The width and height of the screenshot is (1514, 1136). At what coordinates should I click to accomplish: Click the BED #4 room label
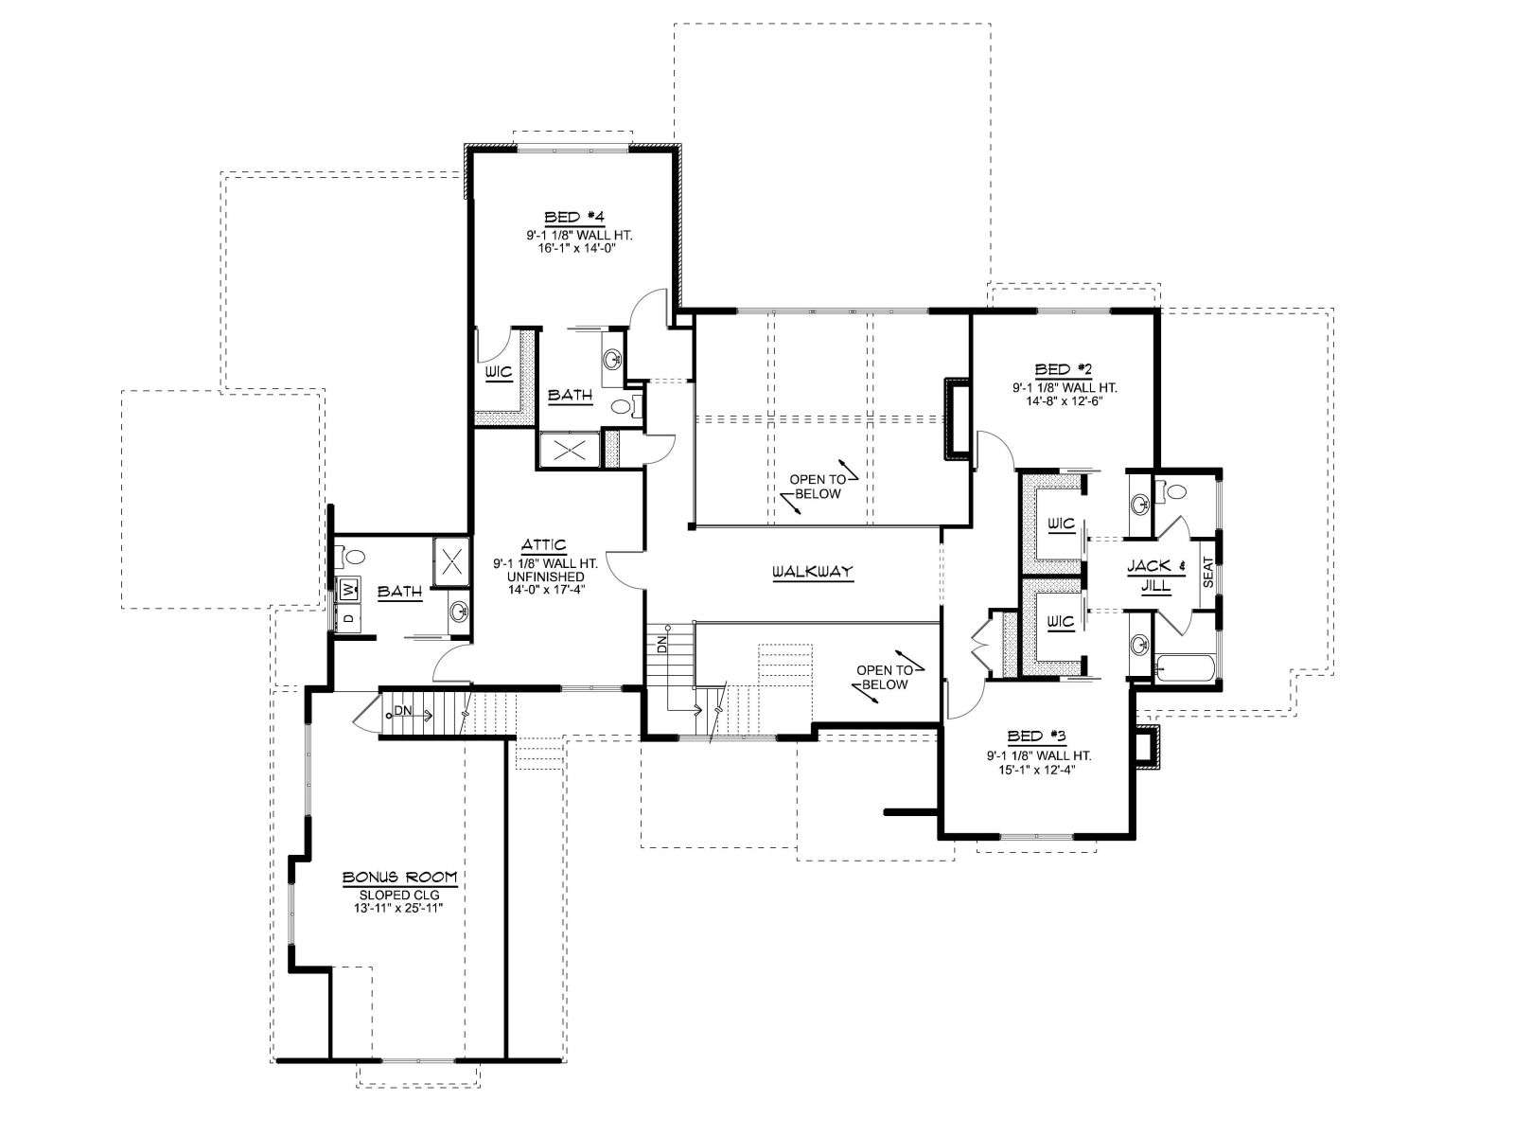(573, 218)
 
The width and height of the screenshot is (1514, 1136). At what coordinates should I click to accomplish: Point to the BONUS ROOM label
(400, 878)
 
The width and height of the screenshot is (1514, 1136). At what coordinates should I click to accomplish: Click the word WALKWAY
(812, 572)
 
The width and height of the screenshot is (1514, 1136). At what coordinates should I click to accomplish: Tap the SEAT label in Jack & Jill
(1207, 572)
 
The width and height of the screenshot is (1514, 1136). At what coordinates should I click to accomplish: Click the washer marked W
(349, 590)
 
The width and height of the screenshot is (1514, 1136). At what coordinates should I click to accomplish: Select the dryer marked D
(349, 617)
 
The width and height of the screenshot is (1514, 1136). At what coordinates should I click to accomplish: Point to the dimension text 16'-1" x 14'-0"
(576, 247)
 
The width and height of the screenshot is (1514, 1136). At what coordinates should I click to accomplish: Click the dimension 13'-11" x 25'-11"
(398, 909)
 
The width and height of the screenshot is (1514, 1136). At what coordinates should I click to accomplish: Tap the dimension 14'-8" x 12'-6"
(1065, 400)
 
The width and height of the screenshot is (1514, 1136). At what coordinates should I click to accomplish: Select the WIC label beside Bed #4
(499, 372)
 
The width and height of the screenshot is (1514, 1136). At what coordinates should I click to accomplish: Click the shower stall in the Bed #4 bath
(569, 451)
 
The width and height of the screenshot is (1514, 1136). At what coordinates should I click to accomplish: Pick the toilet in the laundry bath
(352, 555)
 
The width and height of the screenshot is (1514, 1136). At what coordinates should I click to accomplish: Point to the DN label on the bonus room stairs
(402, 710)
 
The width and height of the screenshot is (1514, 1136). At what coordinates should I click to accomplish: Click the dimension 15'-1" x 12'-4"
(1038, 767)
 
